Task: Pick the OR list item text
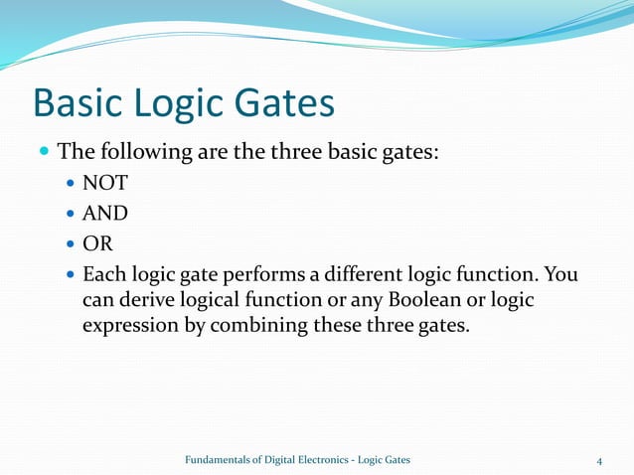[97, 243]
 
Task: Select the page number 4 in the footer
[599, 460]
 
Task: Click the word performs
[262, 273]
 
